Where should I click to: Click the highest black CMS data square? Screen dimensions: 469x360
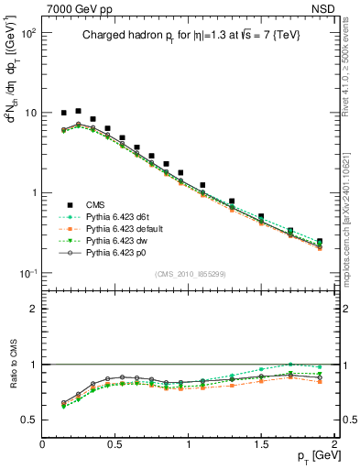(x=78, y=111)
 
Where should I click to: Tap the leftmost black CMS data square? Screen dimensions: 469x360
(x=63, y=113)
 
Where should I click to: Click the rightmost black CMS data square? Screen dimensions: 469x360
(x=320, y=242)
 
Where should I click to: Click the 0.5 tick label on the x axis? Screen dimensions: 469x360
(x=115, y=444)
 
